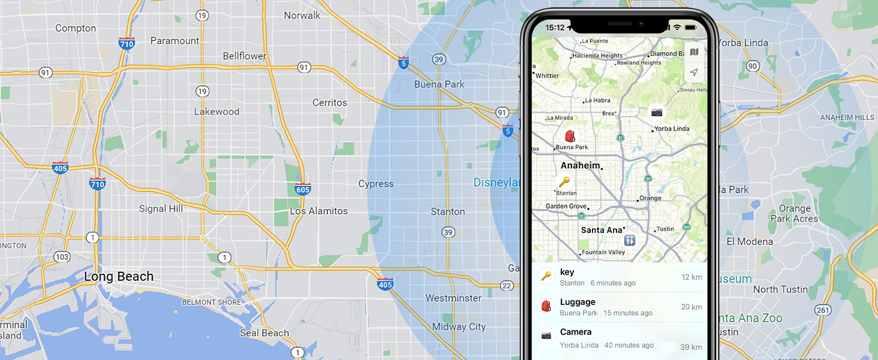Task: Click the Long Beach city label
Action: coord(119,277)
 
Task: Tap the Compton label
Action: coord(76,28)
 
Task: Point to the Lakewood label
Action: coord(217,112)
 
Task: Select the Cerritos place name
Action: coord(329,103)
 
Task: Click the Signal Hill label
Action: coord(161,209)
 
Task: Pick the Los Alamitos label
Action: coord(318,211)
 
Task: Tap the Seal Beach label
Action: coord(264,333)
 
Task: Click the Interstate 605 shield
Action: coord(303,190)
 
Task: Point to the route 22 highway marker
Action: coord(507,286)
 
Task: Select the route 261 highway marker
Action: coord(823,310)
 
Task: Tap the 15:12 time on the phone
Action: coord(555,28)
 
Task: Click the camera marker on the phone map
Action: coord(657,112)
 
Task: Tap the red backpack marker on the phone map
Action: coord(570,136)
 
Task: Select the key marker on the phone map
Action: coord(564,182)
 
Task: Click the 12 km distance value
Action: coord(691,277)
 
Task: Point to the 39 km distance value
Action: coord(691,347)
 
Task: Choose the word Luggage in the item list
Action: coord(578,302)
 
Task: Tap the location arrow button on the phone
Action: coord(694,72)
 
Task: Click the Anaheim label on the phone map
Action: coord(580,166)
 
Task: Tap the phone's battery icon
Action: coord(691,28)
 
